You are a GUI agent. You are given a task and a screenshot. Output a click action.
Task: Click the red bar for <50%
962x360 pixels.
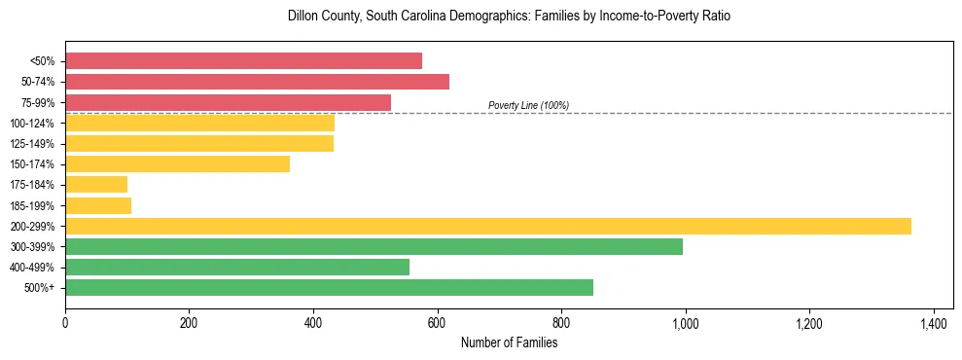243,61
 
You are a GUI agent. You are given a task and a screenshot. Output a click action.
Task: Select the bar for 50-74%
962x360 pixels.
257,82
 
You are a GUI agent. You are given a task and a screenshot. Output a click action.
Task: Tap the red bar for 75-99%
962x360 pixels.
228,102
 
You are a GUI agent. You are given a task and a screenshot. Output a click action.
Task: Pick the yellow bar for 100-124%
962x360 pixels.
199,123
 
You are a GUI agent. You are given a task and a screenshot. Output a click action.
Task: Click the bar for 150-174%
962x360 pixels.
177,164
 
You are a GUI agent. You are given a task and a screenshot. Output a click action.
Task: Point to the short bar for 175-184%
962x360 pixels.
96,185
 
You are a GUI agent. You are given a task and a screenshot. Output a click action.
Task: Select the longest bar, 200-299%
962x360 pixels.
487,226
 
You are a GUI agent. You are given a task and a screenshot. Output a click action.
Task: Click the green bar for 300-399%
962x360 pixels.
374,246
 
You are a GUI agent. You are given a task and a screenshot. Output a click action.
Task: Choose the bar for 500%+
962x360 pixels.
329,288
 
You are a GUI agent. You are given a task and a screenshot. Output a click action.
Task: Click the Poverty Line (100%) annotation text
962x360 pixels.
528,105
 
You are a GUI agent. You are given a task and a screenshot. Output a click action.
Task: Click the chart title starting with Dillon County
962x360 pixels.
508,17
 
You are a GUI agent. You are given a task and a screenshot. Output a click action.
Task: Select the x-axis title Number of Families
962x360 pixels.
509,342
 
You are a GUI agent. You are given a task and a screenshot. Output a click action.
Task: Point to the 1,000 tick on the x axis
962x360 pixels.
685,322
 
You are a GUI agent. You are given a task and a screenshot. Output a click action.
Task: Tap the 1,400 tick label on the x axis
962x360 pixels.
933,322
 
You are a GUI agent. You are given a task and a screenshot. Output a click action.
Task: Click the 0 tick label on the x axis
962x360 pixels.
65,322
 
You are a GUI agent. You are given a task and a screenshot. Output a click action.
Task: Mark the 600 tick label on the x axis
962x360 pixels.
437,322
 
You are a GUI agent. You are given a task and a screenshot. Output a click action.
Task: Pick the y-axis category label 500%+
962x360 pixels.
41,289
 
